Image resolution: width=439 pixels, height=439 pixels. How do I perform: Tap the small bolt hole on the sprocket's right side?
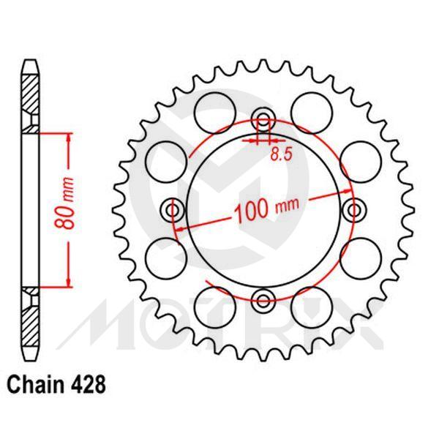pos(356,211)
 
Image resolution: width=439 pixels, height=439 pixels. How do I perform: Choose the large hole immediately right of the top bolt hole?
pos(308,109)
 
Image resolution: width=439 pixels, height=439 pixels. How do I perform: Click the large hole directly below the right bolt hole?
pos(364,256)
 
